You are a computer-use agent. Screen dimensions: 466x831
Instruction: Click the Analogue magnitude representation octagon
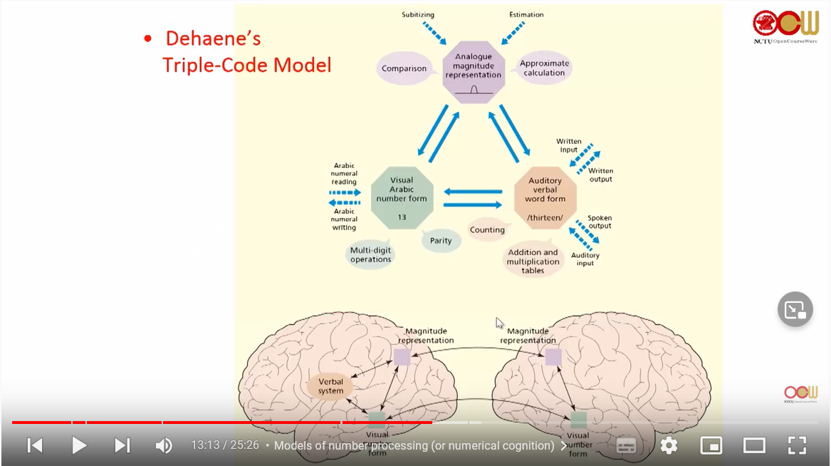474,72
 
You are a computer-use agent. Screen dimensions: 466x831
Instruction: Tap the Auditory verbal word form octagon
545,198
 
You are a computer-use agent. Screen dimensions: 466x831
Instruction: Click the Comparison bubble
404,69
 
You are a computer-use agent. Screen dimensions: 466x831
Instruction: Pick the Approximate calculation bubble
544,68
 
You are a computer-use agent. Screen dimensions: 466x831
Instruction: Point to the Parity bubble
441,241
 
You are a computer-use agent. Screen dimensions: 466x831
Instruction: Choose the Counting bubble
487,229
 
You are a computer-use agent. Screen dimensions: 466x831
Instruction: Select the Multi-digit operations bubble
370,254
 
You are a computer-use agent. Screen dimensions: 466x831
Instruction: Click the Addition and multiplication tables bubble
533,261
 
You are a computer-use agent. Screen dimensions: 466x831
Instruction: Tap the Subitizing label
417,14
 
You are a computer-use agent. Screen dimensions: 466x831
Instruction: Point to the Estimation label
526,14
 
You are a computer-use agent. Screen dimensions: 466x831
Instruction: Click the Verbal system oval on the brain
330,386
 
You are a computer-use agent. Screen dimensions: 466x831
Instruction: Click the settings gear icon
669,445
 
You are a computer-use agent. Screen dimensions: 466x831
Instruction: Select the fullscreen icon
797,445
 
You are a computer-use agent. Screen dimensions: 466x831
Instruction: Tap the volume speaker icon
164,445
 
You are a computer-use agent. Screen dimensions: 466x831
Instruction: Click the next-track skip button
122,445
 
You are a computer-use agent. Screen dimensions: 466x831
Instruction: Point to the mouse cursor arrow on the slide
499,323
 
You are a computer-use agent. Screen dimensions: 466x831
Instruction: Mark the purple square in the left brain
402,357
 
